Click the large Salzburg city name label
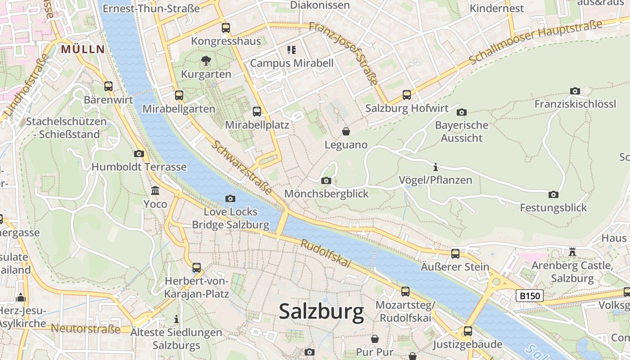[321, 311]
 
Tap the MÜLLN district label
[83, 49]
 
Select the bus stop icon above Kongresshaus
[226, 28]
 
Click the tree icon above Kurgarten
[206, 61]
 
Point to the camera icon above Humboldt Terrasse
[139, 154]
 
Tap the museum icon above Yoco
[155, 191]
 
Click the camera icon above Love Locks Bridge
[230, 198]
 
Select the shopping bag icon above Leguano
[346, 131]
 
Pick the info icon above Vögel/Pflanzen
[435, 167]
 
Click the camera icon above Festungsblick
[553, 195]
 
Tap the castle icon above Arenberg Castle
[572, 252]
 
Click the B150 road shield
[530, 296]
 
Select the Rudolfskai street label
[325, 253]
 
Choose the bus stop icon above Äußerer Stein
[455, 254]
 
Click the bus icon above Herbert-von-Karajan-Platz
[197, 268]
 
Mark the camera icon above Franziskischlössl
[575, 91]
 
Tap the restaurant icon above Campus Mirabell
[292, 49]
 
